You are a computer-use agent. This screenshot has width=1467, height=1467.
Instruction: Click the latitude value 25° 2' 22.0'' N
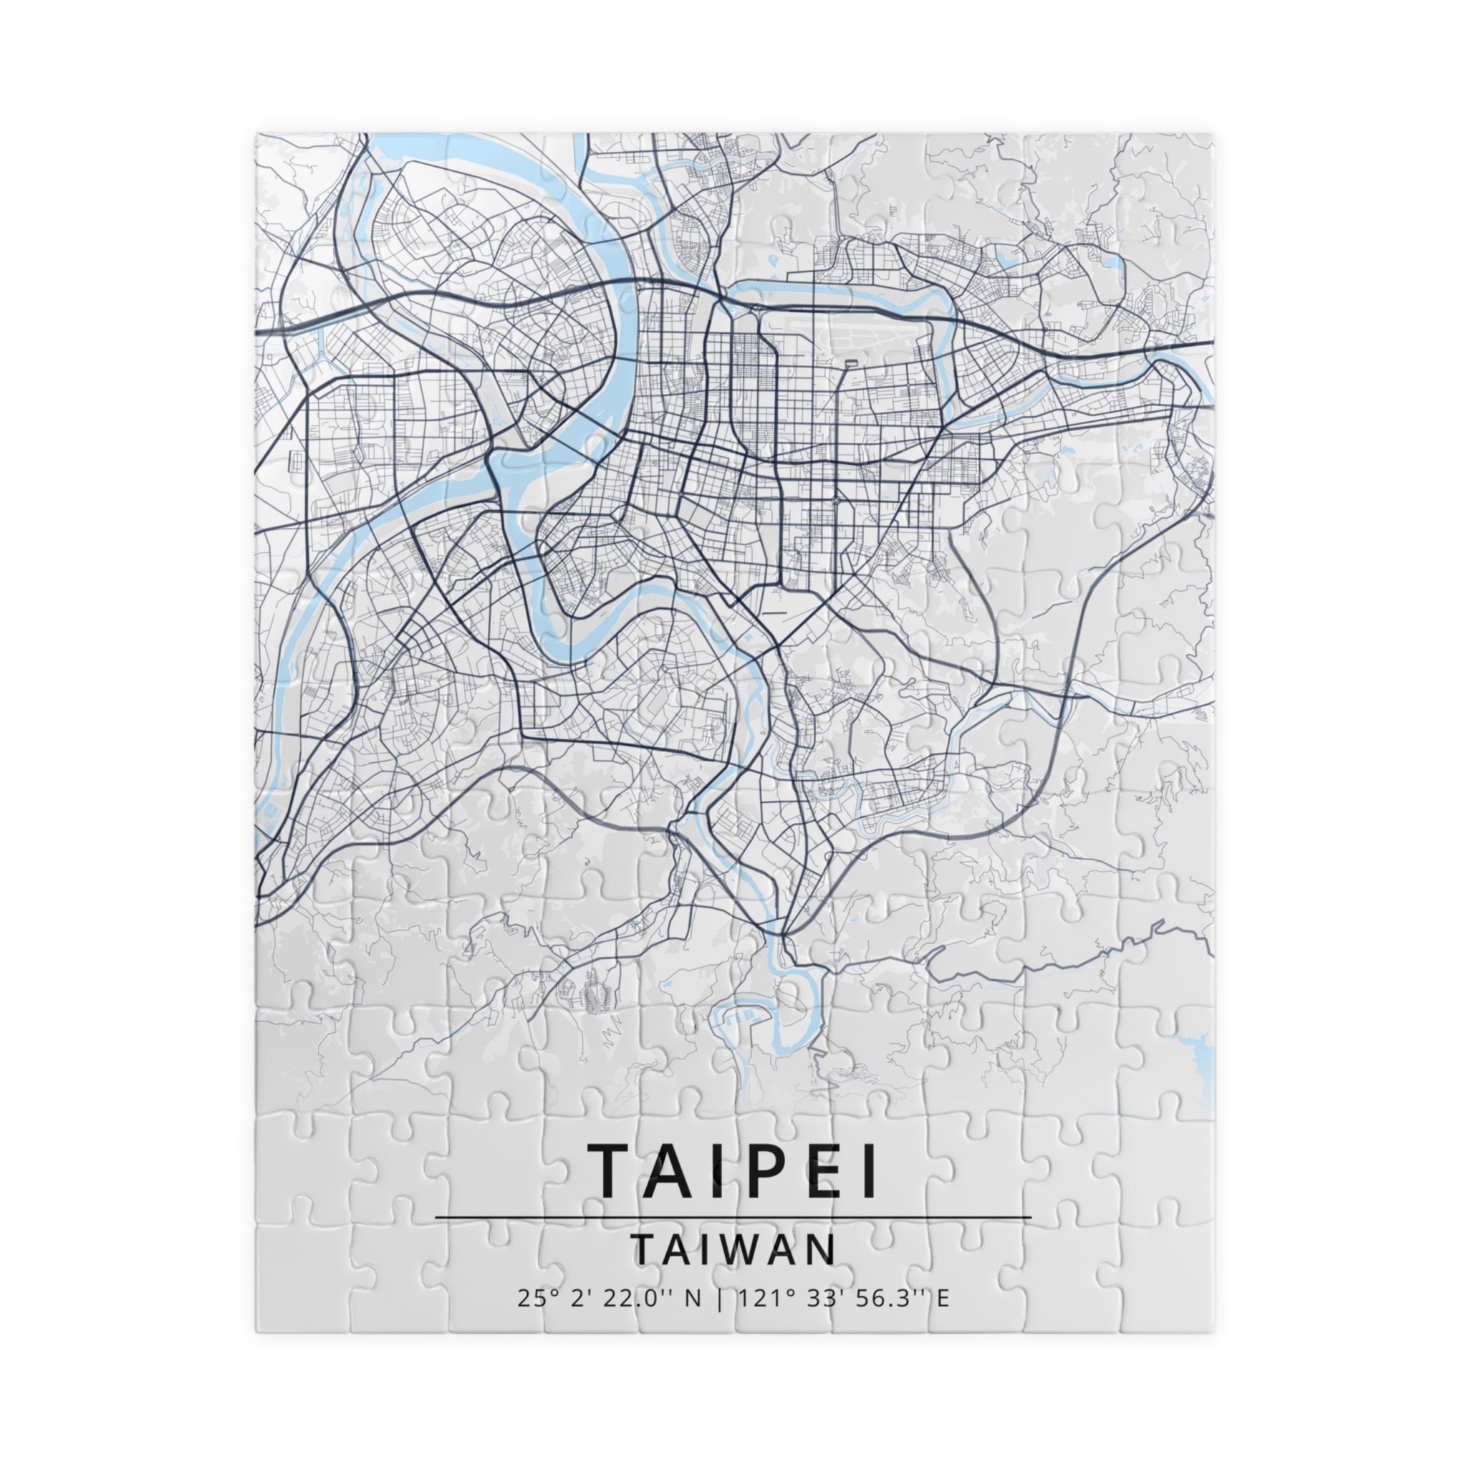609,1299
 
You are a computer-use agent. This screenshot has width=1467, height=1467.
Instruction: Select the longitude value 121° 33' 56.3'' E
843,1299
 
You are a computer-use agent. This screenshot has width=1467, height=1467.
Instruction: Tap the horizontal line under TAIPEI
733,1218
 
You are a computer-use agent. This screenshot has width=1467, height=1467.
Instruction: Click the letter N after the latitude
693,1299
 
